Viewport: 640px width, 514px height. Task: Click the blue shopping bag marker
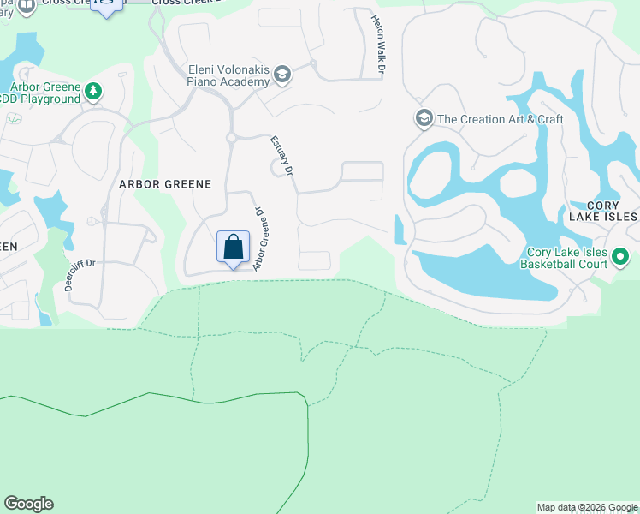(233, 248)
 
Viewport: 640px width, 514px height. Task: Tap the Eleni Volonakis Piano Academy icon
(281, 75)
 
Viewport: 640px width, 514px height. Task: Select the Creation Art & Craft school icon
(424, 118)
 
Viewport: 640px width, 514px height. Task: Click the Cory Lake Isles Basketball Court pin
(622, 256)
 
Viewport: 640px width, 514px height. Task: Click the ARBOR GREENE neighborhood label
(165, 183)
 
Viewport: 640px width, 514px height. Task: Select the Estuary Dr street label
(283, 157)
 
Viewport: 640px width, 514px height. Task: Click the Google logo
(28, 504)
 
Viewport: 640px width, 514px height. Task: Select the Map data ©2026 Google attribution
(587, 507)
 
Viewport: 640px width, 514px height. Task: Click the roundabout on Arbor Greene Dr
(231, 137)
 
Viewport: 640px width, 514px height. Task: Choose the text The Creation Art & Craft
(500, 119)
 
